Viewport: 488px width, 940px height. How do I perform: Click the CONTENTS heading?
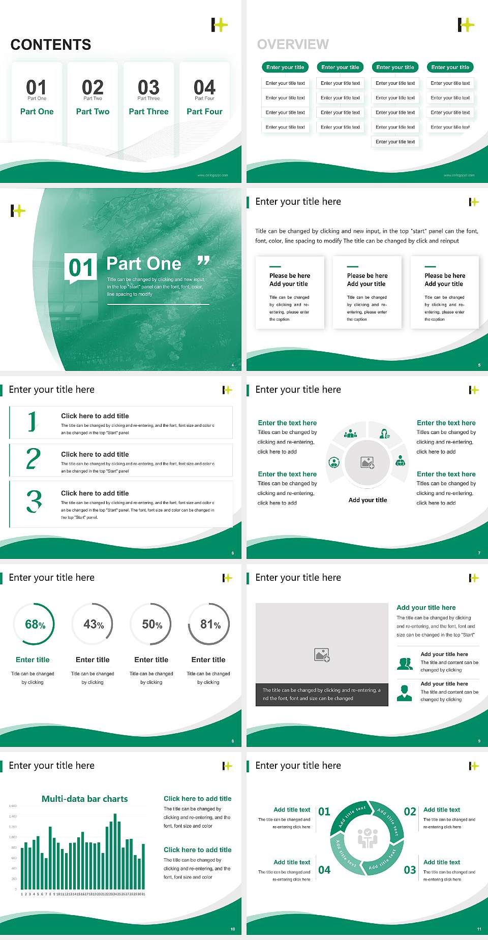(51, 45)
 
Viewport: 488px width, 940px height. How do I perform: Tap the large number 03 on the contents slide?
(148, 87)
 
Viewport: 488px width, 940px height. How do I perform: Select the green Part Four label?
(204, 111)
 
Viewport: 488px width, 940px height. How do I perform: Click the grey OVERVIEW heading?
(293, 45)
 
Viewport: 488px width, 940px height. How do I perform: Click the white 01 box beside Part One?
(81, 267)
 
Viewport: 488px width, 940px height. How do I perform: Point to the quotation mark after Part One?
(203, 261)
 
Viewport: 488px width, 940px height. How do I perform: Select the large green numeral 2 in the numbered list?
(34, 459)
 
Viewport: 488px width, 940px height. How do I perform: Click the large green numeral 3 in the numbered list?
(34, 501)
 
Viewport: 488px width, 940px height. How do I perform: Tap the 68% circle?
(34, 624)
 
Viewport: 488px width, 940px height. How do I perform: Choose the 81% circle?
(209, 624)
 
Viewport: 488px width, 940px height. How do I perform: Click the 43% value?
(94, 624)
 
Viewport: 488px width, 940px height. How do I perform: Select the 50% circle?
(151, 624)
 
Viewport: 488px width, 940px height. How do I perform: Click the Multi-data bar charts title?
(85, 799)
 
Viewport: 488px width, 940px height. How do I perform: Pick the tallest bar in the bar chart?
(115, 851)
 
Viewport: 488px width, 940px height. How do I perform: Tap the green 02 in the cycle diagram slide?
(410, 811)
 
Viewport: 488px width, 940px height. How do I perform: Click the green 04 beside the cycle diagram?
(324, 870)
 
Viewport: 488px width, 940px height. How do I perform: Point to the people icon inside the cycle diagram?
(368, 838)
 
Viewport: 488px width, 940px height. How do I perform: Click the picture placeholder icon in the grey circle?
(368, 462)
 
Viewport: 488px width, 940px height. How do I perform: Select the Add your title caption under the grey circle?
(368, 500)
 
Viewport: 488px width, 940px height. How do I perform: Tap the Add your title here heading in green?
(426, 607)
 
